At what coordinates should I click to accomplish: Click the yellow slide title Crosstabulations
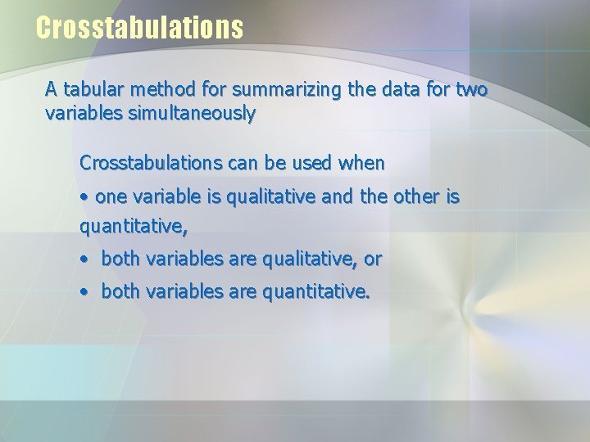pos(139,28)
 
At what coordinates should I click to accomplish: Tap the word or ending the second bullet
pos(373,259)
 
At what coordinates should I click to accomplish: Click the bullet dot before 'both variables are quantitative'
pos(84,291)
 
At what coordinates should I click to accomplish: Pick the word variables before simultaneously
pos(82,114)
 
